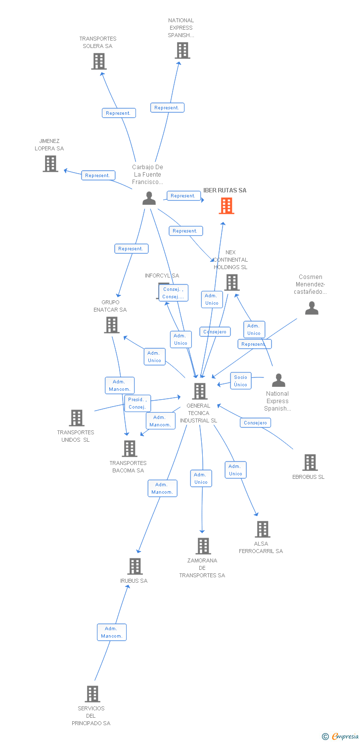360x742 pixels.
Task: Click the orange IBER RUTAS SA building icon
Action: (x=226, y=206)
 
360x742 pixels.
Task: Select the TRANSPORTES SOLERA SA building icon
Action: (x=99, y=61)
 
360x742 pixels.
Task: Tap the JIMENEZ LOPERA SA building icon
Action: (x=50, y=164)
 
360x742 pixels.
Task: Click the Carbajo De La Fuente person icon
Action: (x=149, y=198)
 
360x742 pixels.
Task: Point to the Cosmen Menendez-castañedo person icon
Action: (x=312, y=308)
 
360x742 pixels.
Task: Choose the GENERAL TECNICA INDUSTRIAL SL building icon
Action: (x=200, y=391)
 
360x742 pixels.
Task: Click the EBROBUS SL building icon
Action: (x=310, y=463)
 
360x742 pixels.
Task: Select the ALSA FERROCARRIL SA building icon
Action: (x=263, y=529)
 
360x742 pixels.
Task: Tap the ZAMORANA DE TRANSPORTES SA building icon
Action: (x=203, y=546)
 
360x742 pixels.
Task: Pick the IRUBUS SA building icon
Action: (x=135, y=566)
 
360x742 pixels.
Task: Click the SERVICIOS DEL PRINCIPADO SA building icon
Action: (x=92, y=694)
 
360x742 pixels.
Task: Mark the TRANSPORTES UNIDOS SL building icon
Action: (x=77, y=418)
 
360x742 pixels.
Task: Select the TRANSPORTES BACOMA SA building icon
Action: (x=130, y=449)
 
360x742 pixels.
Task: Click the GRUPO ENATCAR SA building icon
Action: (x=112, y=325)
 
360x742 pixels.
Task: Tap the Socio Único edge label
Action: (x=241, y=381)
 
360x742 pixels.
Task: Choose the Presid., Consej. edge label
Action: (x=137, y=403)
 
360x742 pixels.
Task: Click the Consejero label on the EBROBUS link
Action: (x=255, y=422)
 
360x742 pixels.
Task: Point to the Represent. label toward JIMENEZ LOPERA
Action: (x=98, y=175)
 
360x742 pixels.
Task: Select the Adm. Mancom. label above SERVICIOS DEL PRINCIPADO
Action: (x=111, y=632)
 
